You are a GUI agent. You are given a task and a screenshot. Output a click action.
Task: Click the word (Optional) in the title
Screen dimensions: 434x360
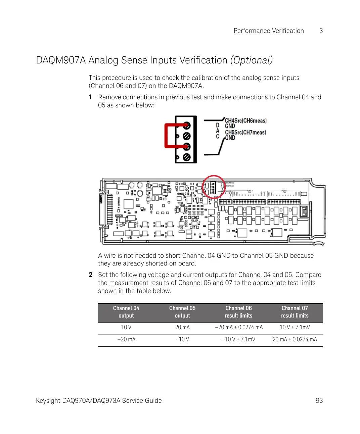pos(251,60)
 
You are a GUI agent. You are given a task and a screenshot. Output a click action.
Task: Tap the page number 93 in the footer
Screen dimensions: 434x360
pos(319,400)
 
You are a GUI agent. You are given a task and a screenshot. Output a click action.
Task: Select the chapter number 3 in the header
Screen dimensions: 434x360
pos(321,31)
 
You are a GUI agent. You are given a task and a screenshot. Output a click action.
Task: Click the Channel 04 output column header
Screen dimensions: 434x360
pos(126,312)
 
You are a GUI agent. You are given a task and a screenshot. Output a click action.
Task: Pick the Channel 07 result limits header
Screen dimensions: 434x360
pos(295,312)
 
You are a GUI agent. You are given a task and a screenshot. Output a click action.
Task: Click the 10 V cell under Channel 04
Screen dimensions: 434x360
pos(126,327)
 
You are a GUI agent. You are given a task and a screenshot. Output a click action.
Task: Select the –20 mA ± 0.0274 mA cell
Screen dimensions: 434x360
pos(239,327)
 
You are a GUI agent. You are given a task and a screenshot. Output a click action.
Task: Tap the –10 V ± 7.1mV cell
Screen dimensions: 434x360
pos(239,339)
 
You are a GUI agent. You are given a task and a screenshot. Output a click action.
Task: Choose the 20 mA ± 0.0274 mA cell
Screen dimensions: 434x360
pos(295,339)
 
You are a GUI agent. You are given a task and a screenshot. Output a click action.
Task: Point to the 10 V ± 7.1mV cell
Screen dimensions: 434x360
pos(295,327)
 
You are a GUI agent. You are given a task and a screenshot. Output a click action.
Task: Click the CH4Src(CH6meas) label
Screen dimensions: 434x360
pos(245,120)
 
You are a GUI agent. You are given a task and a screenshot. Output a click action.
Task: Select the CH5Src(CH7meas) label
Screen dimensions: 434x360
pos(245,132)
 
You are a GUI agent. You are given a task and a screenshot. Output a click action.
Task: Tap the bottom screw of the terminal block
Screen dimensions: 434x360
pos(187,157)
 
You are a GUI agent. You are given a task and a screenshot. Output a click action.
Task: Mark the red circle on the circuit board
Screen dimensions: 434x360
pos(214,187)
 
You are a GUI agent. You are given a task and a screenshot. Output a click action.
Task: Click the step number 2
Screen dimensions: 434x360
pos(91,275)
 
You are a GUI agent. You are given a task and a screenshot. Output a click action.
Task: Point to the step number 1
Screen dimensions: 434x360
pos(90,97)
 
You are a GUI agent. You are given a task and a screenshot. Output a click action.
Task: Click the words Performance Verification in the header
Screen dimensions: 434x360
pos(269,31)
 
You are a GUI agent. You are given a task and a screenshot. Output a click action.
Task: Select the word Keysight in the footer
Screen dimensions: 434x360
pos(48,400)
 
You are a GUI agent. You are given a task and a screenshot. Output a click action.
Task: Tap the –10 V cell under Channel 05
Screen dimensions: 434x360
pos(182,339)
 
